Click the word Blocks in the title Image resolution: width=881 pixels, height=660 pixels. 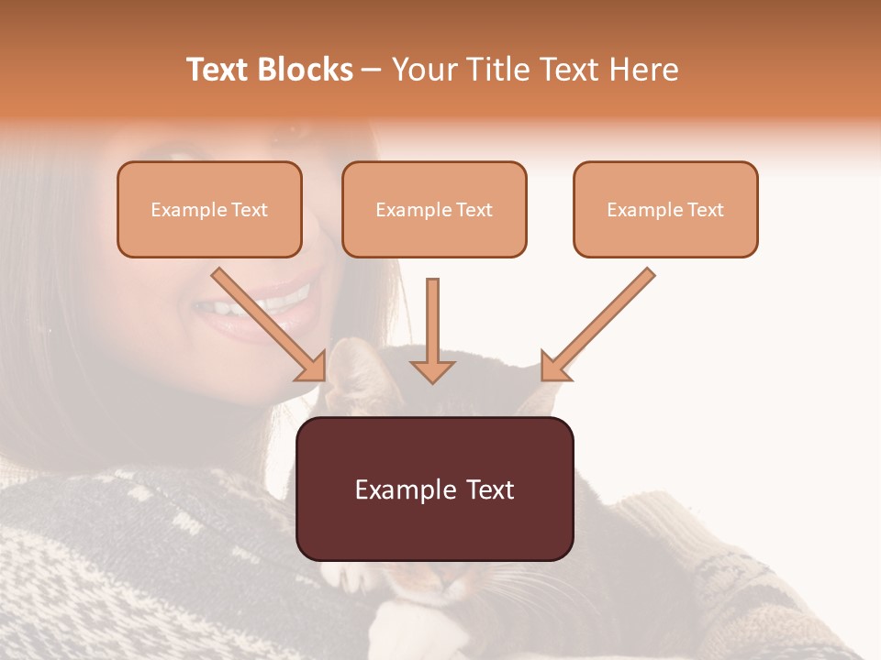coord(304,70)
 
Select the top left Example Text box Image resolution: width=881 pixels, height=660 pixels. coord(209,210)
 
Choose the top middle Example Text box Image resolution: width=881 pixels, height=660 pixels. coord(434,210)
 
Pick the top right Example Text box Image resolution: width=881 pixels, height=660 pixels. coord(665,210)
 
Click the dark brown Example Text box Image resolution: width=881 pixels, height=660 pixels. coord(434,489)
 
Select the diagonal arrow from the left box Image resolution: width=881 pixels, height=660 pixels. coord(266,321)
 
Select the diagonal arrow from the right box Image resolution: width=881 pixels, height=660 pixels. coord(601,321)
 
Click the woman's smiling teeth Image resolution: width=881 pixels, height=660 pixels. coord(262,302)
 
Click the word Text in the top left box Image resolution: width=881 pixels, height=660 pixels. coord(250,210)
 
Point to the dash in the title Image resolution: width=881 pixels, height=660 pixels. coord(372,71)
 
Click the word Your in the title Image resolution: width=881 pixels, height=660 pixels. coord(419,70)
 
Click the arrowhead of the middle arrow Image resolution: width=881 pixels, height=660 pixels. coord(432,370)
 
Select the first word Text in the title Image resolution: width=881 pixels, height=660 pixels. coord(217,70)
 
